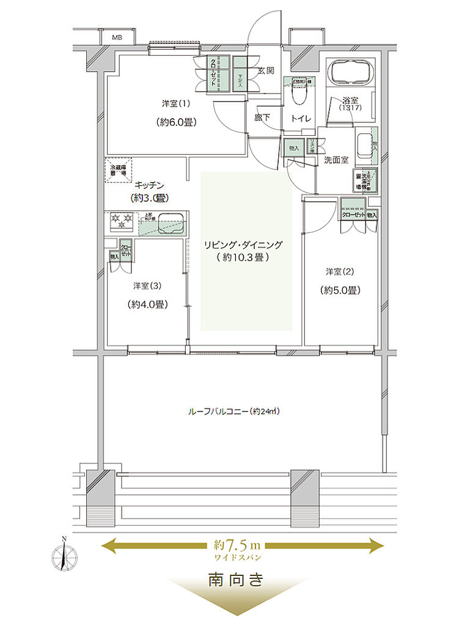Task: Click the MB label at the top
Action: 116,37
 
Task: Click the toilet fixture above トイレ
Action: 299,95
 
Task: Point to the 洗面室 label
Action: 336,160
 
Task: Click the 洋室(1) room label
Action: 174,103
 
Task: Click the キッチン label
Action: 149,184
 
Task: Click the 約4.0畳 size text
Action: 148,304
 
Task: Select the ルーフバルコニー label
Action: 234,411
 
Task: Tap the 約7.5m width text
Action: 238,544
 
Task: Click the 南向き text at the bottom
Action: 236,579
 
